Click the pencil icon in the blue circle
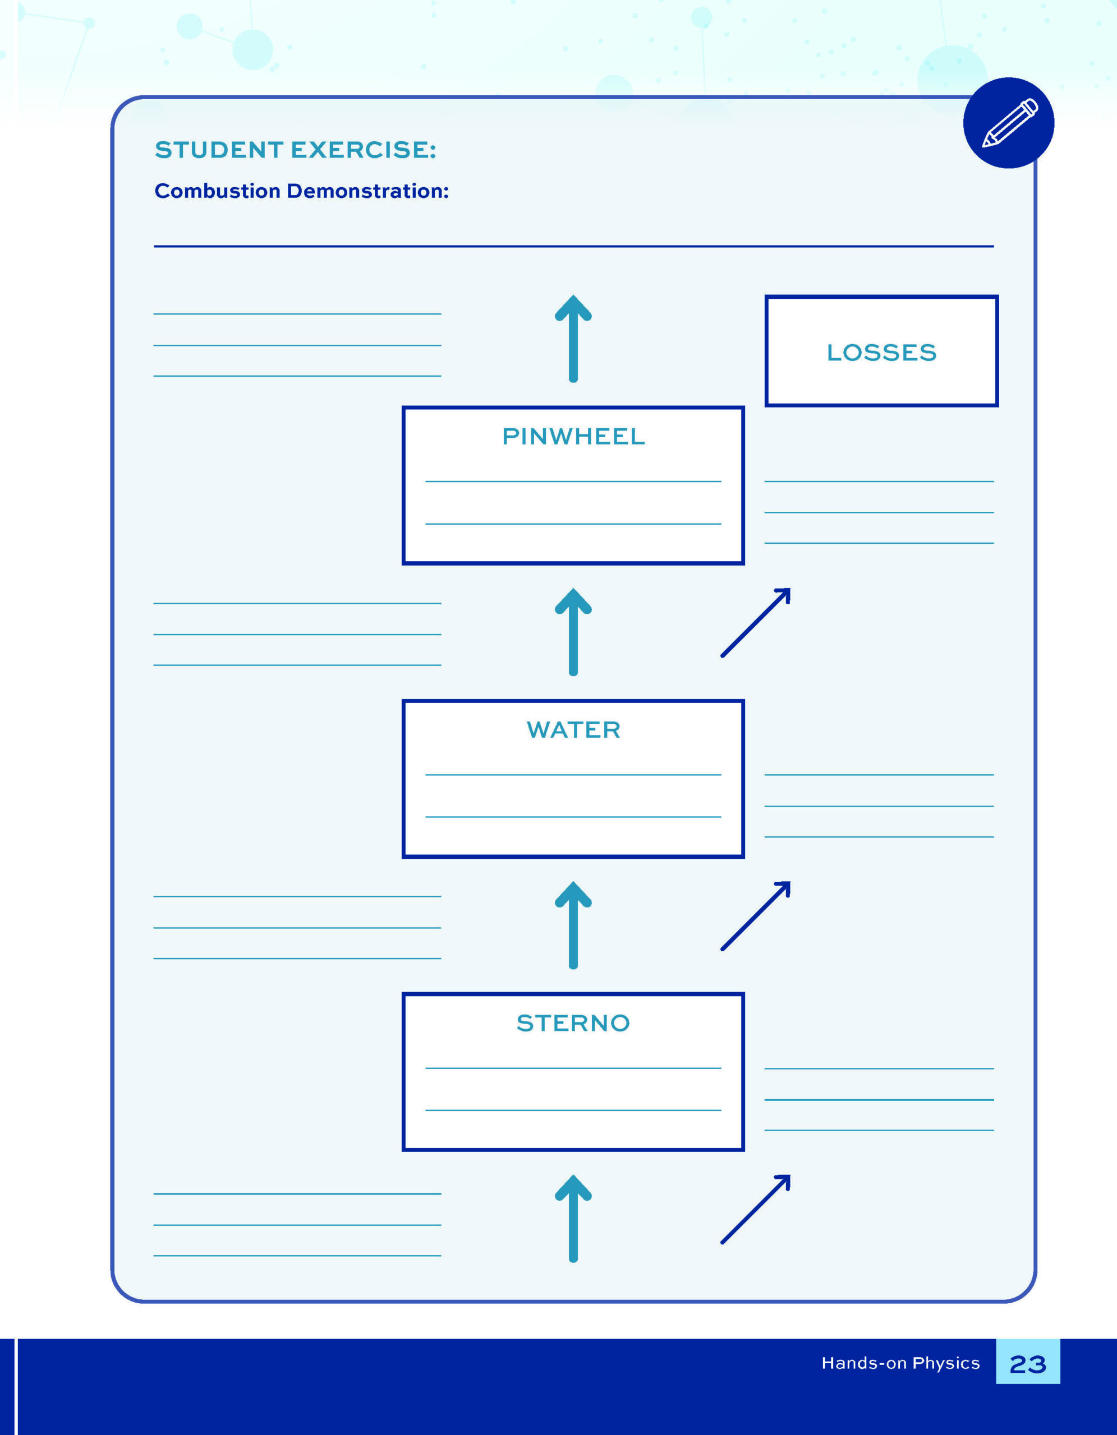coord(1010,123)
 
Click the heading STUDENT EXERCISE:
coord(295,150)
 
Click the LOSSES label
coord(881,352)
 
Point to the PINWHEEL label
coord(573,436)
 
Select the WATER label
coord(573,729)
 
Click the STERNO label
coord(573,1023)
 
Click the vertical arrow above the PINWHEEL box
coord(573,339)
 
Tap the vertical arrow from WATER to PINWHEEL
coord(573,631)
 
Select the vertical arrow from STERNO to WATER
coord(573,925)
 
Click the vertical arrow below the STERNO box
coord(573,1218)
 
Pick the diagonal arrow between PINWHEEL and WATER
coord(755,622)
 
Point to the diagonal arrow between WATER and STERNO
coord(755,916)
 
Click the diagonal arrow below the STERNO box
coord(755,1209)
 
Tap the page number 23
coord(1028,1365)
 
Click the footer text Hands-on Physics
coord(900,1363)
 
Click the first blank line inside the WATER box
coord(573,775)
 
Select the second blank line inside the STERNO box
coord(573,1110)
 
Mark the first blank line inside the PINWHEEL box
coord(573,482)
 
